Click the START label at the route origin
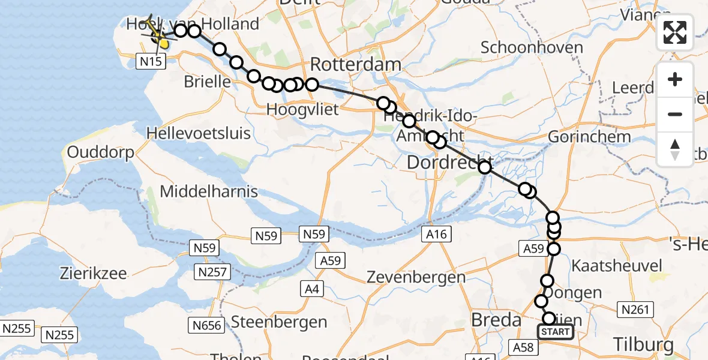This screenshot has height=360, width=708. click(555, 332)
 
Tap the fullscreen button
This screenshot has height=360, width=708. click(675, 32)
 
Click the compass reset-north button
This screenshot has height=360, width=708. click(675, 149)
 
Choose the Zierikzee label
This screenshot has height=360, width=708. click(93, 274)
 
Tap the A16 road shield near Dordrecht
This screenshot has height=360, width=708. click(436, 234)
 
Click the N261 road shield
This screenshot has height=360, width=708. click(635, 310)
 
